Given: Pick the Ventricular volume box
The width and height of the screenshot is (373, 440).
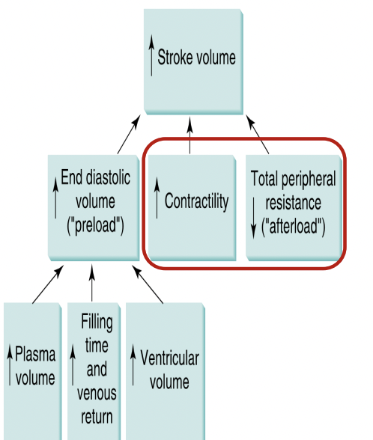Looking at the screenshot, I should click(x=165, y=367).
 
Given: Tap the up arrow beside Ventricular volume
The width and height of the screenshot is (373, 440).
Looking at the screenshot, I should click(x=133, y=367).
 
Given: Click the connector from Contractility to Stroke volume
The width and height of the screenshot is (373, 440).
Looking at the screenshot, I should click(x=190, y=135).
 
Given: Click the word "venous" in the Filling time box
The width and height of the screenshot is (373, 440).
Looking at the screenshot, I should click(x=96, y=392).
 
